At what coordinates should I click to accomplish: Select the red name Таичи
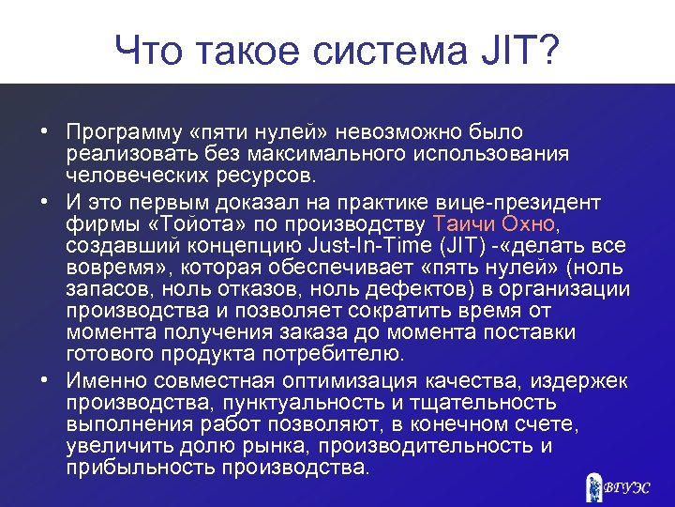pos(464,224)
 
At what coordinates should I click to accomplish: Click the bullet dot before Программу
pos(44,132)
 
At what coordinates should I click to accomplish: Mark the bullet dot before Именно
pos(44,380)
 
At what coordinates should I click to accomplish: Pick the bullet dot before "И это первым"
pos(44,203)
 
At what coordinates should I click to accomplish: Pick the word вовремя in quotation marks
pos(110,269)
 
